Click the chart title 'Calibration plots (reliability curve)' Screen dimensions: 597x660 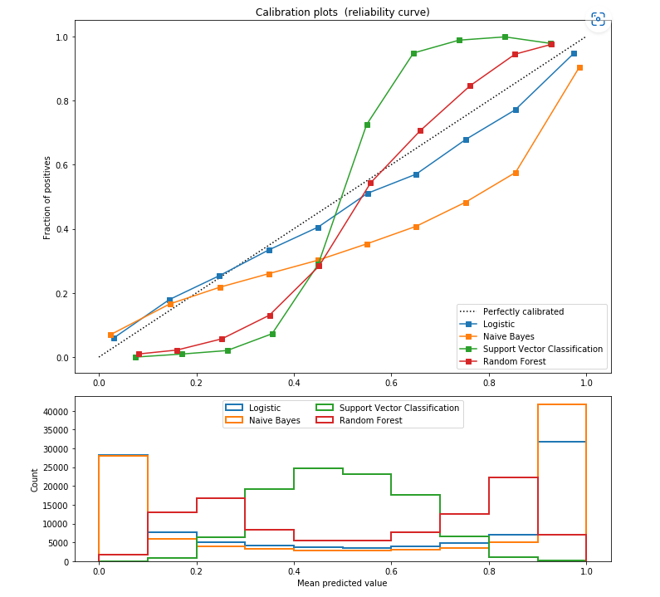342,12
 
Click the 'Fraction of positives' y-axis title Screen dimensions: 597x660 48,198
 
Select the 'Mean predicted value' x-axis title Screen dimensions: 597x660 342,583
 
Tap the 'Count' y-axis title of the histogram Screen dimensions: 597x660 35,479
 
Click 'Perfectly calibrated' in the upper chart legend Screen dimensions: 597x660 523,312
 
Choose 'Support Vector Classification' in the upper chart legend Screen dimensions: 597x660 542,350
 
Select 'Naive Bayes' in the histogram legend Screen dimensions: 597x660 275,421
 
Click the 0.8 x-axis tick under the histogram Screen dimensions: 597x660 489,573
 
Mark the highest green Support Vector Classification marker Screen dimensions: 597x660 505,37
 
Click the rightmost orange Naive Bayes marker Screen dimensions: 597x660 579,67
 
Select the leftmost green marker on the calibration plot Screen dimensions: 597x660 135,357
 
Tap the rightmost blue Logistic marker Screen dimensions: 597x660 574,53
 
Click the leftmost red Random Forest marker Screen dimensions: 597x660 139,354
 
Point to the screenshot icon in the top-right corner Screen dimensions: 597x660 598,19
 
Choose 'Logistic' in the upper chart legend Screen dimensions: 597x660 498,325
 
